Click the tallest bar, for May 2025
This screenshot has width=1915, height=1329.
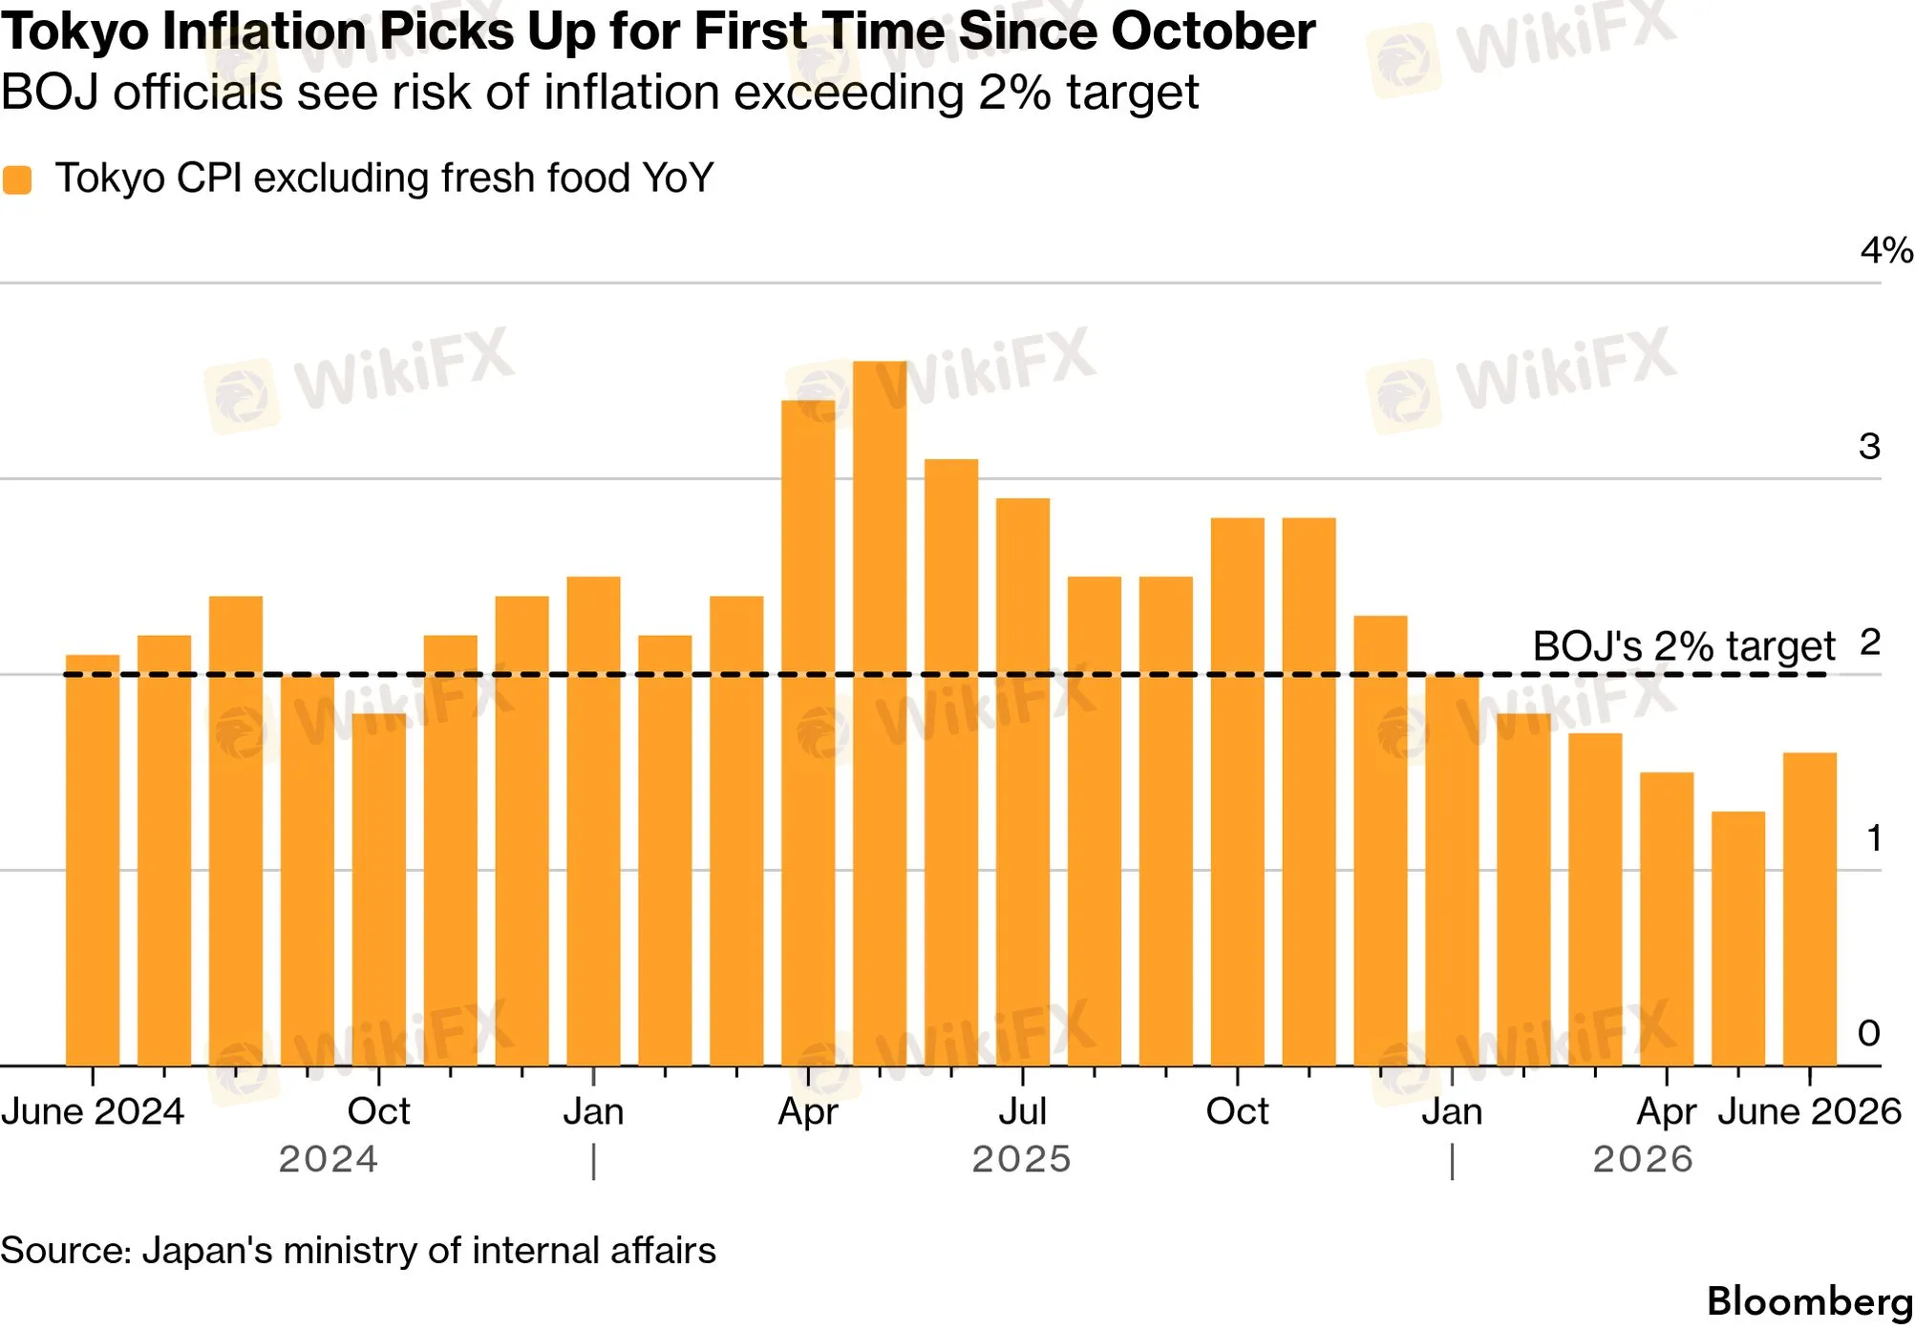click(880, 713)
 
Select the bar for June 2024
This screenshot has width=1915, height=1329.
click(93, 860)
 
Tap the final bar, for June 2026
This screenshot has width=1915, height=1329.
click(1810, 909)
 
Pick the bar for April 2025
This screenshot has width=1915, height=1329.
click(808, 733)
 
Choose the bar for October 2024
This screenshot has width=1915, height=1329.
click(379, 890)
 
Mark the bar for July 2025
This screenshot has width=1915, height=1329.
click(1023, 782)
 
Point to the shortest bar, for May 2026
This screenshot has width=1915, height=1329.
click(1738, 939)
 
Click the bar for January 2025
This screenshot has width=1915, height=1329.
click(593, 821)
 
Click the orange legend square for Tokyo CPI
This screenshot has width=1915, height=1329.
click(17, 179)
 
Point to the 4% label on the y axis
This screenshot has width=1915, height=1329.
click(1886, 250)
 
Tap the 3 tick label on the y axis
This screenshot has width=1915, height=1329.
click(1870, 446)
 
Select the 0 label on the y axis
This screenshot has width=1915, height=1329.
click(1869, 1032)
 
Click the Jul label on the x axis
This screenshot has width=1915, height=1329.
click(1023, 1111)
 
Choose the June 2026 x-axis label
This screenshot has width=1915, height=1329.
click(1810, 1111)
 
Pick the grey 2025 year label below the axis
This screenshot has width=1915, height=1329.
click(1022, 1159)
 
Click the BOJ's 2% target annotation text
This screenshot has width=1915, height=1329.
click(1684, 646)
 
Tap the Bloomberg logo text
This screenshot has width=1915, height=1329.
click(1810, 1301)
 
